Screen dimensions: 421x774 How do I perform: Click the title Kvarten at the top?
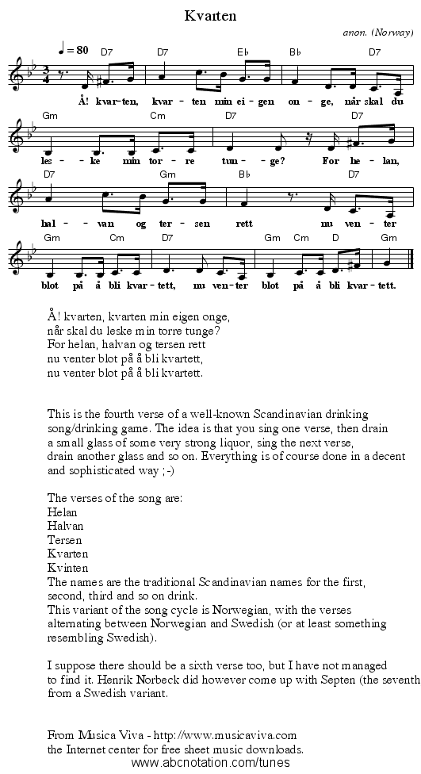point(209,15)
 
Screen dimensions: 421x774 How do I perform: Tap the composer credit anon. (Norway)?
point(378,34)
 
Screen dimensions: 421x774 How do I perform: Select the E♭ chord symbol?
point(243,52)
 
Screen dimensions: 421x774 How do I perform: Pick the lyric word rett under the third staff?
point(244,223)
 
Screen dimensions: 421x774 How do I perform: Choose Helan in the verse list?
point(63,512)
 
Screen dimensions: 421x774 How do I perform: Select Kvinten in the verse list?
point(68,567)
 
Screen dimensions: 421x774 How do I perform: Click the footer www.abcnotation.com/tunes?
point(210,763)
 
